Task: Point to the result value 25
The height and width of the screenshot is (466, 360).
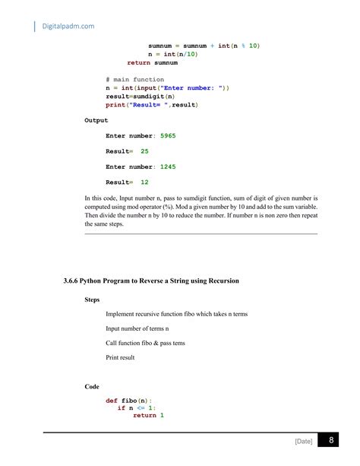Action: click(144, 151)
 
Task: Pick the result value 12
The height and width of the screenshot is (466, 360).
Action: click(144, 182)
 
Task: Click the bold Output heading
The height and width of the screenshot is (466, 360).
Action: click(96, 120)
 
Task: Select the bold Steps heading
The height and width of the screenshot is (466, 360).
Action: click(95, 300)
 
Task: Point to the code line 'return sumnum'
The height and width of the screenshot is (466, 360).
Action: click(152, 63)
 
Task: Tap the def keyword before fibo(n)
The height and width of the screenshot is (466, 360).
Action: click(112, 400)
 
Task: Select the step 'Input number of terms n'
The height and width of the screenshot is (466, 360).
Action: click(137, 328)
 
